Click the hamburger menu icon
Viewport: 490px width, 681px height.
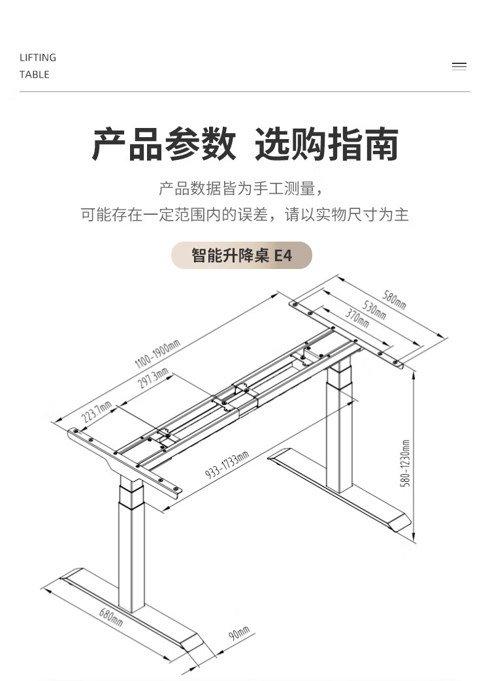[x=459, y=66]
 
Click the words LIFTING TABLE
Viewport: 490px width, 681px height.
[x=38, y=66]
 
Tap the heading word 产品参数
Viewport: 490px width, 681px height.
[x=164, y=145]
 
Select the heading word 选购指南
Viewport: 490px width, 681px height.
[x=327, y=145]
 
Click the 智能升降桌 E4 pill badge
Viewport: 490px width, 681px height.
[x=242, y=255]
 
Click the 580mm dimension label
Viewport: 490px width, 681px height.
[x=394, y=300]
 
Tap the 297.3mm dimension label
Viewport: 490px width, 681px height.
[x=152, y=379]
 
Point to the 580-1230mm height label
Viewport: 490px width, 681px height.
[x=405, y=463]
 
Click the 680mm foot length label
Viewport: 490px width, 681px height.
[x=110, y=616]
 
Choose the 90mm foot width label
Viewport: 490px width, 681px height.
[x=240, y=633]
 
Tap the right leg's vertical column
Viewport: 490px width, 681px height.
[x=339, y=431]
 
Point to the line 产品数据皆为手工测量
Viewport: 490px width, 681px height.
[x=242, y=189]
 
